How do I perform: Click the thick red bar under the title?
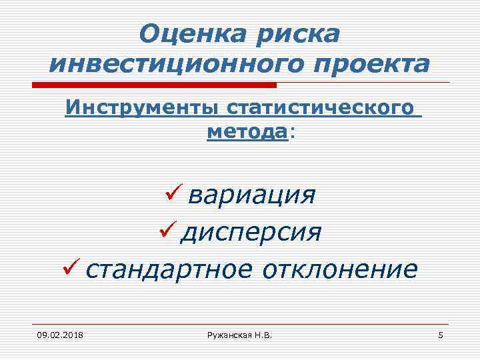pyautogui.click(x=154, y=85)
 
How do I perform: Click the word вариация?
pyautogui.click(x=252, y=197)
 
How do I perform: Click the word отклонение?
pyautogui.click(x=340, y=269)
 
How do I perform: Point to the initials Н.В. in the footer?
pyautogui.click(x=263, y=335)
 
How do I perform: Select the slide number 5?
pyautogui.click(x=440, y=335)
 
